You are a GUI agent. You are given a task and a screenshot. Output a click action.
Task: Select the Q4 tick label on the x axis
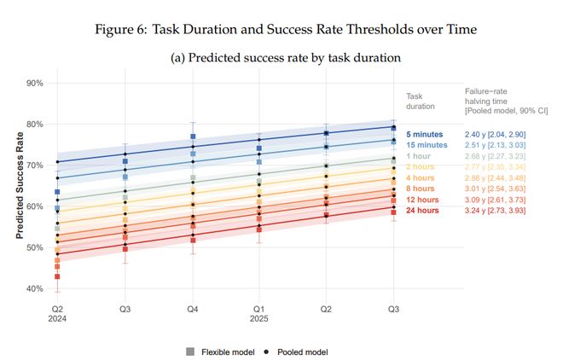[193, 307]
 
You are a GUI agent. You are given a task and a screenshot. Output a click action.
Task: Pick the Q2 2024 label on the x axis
[57, 311]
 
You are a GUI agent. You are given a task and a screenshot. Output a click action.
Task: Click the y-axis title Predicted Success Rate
[17, 185]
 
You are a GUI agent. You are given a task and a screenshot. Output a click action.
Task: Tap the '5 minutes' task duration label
[424, 135]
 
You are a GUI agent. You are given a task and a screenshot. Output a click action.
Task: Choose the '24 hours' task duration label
[422, 209]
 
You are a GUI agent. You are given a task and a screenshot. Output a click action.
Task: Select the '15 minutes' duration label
[427, 145]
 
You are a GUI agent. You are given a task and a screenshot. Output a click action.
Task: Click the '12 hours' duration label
[422, 198]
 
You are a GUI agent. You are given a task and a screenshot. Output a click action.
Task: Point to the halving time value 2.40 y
[475, 135]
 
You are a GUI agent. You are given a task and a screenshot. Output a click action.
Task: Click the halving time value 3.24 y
[475, 209]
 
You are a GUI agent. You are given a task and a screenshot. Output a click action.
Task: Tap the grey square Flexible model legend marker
[190, 351]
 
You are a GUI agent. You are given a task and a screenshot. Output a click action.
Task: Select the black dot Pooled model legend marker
[266, 351]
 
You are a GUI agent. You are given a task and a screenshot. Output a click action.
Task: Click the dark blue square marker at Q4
[194, 136]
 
